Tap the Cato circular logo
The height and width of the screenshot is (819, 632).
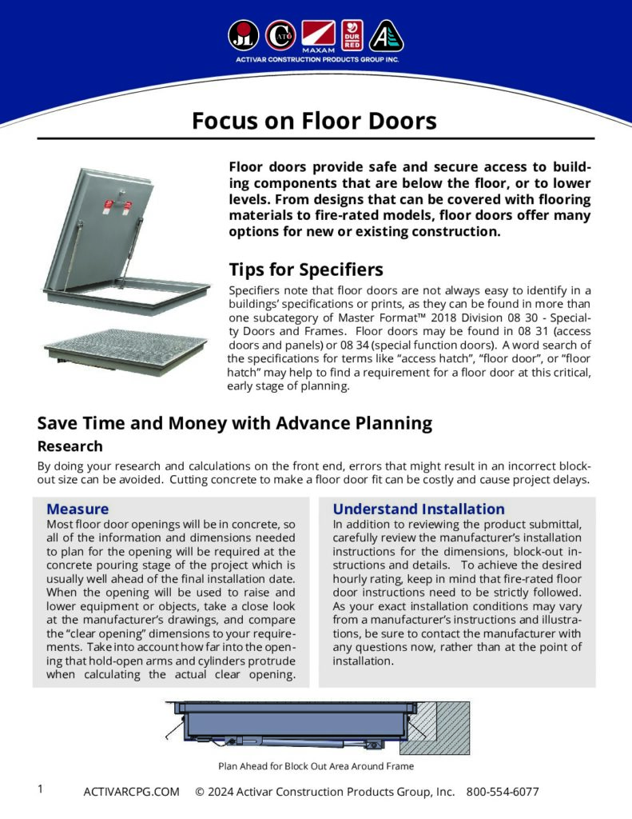(x=280, y=35)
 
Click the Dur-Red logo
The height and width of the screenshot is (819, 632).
(x=352, y=35)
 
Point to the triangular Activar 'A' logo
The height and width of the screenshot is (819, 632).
(x=387, y=36)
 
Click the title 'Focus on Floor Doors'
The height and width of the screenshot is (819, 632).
(x=314, y=121)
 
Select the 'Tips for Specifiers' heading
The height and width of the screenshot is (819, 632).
(x=306, y=269)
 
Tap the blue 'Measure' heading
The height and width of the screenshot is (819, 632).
(x=78, y=509)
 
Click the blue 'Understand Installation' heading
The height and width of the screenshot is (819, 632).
(x=419, y=509)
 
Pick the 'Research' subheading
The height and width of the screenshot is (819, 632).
(x=70, y=446)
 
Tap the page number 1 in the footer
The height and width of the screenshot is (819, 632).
(x=40, y=789)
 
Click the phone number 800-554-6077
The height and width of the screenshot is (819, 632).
(x=503, y=792)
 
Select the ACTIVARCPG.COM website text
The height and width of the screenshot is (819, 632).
(x=131, y=792)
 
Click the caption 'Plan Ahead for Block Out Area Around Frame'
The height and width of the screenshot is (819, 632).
(x=316, y=765)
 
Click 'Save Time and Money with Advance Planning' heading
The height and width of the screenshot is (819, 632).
(x=235, y=422)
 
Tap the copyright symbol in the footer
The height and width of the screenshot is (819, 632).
(x=200, y=792)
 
